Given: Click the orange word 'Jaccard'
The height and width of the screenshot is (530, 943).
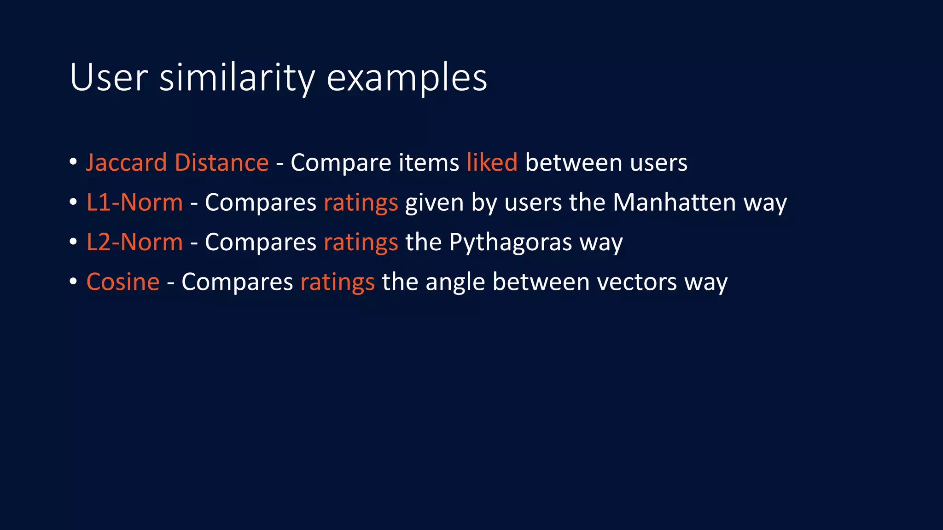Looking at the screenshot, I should [126, 163].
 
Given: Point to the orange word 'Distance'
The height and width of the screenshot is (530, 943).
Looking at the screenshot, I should [221, 163].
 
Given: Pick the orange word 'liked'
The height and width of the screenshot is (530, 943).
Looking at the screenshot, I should [492, 163].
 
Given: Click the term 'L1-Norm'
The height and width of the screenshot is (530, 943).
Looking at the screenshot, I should [134, 202].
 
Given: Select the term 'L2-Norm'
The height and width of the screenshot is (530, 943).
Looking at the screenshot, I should [134, 242].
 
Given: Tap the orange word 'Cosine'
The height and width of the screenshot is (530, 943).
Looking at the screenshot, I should [123, 282].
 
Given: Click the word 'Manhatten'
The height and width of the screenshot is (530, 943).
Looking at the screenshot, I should [674, 202].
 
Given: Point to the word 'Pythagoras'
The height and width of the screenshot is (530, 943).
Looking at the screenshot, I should [510, 243].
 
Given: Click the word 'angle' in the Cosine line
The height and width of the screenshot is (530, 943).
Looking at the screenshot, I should [455, 282].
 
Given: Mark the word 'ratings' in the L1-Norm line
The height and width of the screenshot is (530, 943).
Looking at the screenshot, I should [361, 203].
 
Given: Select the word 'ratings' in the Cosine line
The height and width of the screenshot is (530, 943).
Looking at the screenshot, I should [337, 282].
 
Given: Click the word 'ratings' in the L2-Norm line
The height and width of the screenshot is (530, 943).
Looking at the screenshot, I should [361, 243].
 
